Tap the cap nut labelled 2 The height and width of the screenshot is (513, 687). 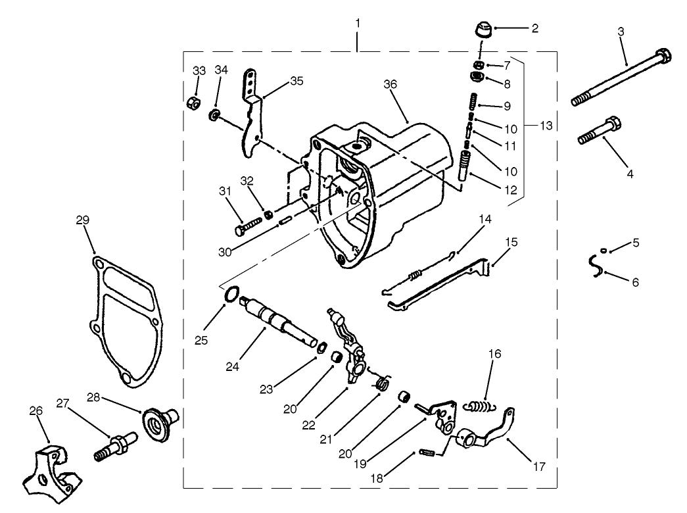click(481, 31)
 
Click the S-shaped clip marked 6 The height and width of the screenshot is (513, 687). click(597, 266)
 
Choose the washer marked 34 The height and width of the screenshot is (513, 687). click(214, 116)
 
